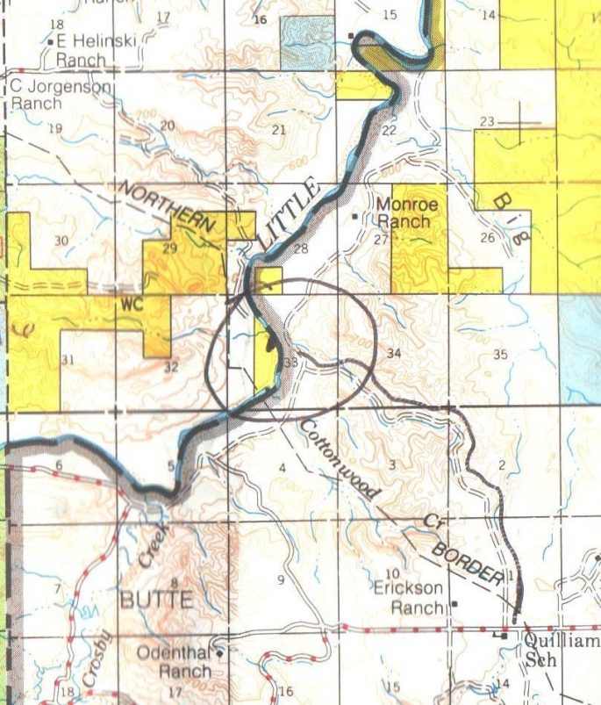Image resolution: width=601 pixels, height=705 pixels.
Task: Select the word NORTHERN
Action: pos(168,208)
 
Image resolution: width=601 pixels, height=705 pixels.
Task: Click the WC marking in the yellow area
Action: pos(131,304)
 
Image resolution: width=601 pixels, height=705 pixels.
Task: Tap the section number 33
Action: pos(291,361)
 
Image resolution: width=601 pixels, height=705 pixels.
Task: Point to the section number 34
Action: pos(394,353)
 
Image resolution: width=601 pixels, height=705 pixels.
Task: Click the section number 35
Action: pos(501,355)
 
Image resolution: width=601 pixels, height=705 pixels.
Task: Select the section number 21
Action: pos(280,131)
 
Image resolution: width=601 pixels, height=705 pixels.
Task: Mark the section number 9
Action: pos(282,579)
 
